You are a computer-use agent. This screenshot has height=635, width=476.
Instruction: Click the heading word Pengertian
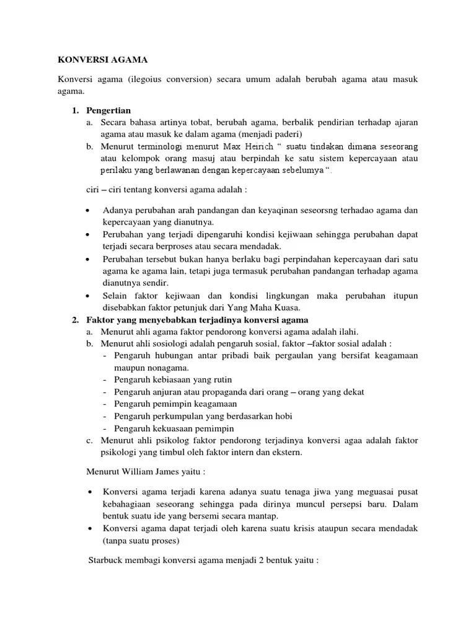tap(107, 110)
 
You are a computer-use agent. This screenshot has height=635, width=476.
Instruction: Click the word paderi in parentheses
tap(283, 134)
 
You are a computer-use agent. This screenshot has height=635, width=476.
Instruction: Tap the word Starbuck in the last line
tap(107, 559)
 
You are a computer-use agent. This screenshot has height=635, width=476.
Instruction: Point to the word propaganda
tap(221, 392)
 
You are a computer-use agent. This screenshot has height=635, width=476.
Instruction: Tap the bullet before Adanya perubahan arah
tap(90, 210)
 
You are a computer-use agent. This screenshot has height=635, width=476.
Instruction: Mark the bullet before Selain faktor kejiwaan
tap(90, 296)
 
